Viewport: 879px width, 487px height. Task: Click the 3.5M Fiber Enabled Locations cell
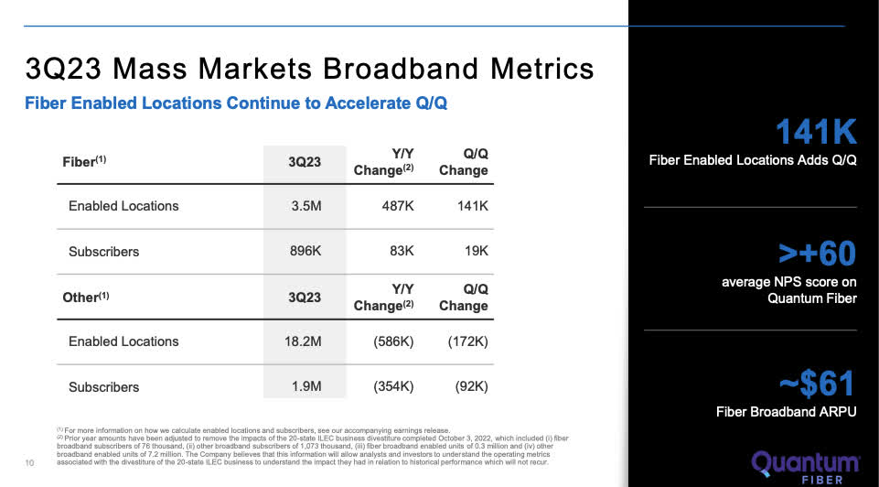tap(306, 206)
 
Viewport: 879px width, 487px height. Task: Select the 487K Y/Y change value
tap(398, 206)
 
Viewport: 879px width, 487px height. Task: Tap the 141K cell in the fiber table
tap(472, 206)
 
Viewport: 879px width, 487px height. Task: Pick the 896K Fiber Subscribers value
tap(305, 251)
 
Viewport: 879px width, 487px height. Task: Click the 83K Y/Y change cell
tap(402, 251)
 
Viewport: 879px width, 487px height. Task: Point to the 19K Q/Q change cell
tap(476, 251)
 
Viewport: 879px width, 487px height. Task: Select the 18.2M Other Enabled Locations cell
tap(302, 341)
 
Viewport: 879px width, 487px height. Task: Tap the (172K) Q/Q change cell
tap(466, 341)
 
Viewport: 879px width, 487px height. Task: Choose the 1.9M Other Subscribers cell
tap(306, 387)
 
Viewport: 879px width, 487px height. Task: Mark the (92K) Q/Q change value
tap(470, 387)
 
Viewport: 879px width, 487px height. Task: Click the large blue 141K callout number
tap(816, 134)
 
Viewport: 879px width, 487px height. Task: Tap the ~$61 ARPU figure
tap(816, 383)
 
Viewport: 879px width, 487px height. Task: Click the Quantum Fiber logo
tap(806, 466)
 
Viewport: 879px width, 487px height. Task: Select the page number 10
tap(30, 461)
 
